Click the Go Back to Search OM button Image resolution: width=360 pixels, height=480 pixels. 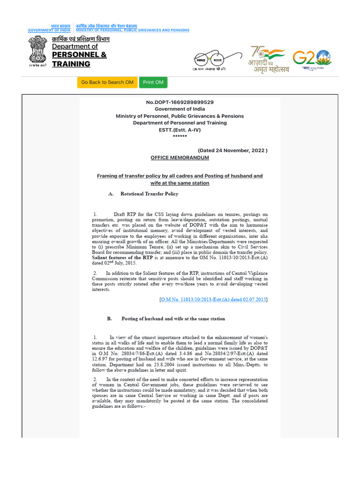pyautogui.click(x=107, y=82)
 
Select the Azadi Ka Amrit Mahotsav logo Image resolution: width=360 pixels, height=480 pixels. pyautogui.click(x=269, y=59)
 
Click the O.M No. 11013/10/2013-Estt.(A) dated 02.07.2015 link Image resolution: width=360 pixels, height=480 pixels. pyautogui.click(x=213, y=299)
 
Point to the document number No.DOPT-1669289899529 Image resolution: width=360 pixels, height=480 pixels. pyautogui.click(x=180, y=102)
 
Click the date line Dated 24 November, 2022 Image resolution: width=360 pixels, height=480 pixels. pyautogui.click(x=232, y=150)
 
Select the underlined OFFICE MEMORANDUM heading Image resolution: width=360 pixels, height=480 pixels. pyautogui.click(x=180, y=158)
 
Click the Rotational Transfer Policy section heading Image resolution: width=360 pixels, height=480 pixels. pyautogui.click(x=149, y=194)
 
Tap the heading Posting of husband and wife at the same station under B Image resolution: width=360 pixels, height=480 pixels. pyautogui.click(x=173, y=319)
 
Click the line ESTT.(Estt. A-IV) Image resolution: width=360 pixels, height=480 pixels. pyautogui.click(x=180, y=130)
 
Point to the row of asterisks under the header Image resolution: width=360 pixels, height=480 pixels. pyautogui.click(x=180, y=136)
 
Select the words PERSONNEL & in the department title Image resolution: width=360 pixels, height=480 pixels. pyautogui.click(x=79, y=55)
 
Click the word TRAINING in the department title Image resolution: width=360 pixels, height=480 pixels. pyautogui.click(x=71, y=64)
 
